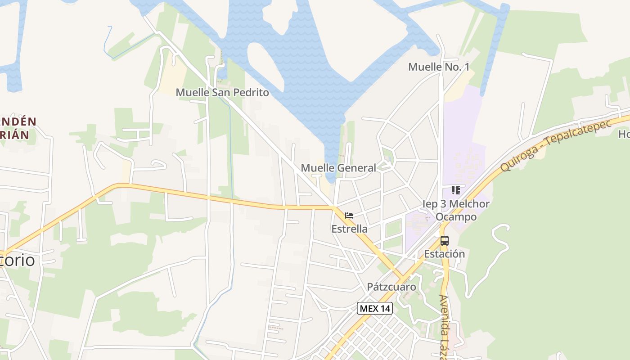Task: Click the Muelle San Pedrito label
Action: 222,93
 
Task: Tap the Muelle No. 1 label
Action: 439,67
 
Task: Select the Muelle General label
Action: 338,168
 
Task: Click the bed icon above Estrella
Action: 349,216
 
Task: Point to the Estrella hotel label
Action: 349,229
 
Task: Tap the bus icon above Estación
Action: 445,241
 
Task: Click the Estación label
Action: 445,254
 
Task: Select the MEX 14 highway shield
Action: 375,309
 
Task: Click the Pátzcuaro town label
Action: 391,287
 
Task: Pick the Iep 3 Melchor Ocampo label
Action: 456,210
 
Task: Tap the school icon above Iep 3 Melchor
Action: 456,190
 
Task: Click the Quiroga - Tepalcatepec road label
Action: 556,145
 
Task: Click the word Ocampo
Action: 456,217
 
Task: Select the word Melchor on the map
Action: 465,204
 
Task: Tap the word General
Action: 356,168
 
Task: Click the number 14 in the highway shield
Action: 384,309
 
